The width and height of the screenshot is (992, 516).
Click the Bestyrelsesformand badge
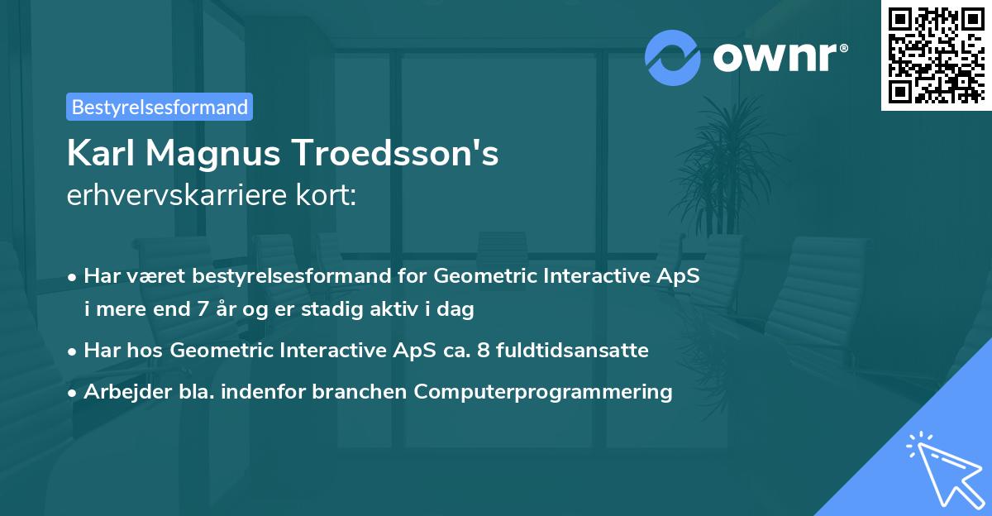click(160, 107)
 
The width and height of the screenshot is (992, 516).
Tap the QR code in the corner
click(936, 55)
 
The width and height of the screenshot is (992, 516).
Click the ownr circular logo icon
click(673, 58)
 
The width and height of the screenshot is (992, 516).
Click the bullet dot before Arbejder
click(74, 393)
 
